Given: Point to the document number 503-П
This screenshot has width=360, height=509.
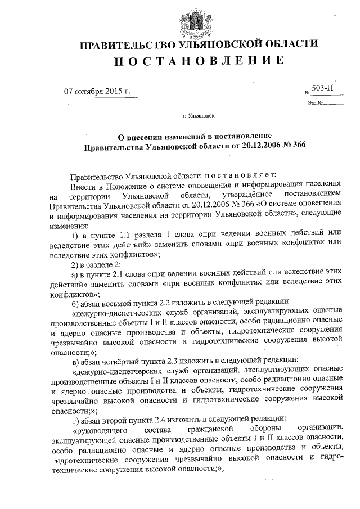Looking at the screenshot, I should (324, 89).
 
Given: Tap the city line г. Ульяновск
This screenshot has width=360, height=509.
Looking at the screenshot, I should (198, 118).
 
